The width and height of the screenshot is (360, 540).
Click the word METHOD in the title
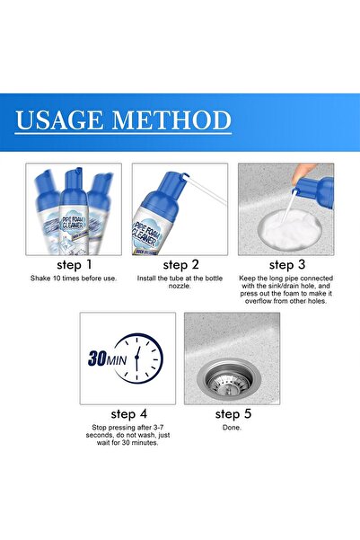point(173,120)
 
